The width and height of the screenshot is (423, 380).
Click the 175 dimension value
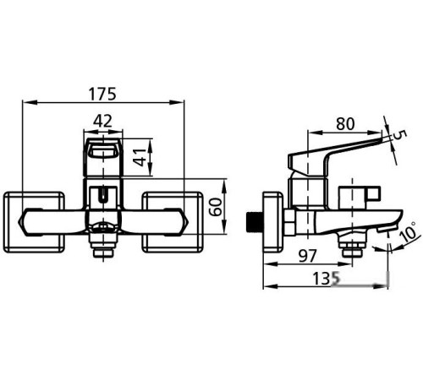(102, 92)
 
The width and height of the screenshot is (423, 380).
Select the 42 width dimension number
(102, 121)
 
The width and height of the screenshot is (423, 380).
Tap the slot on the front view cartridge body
(102, 197)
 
